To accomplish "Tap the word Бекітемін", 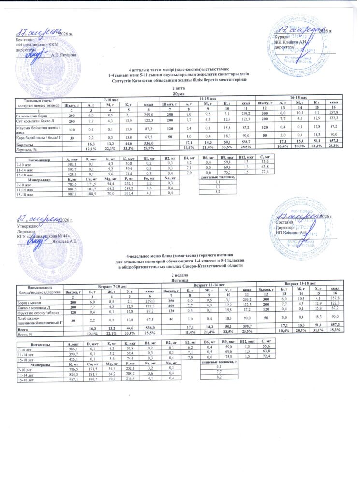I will point(19,40).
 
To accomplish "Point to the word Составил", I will point(285,221).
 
